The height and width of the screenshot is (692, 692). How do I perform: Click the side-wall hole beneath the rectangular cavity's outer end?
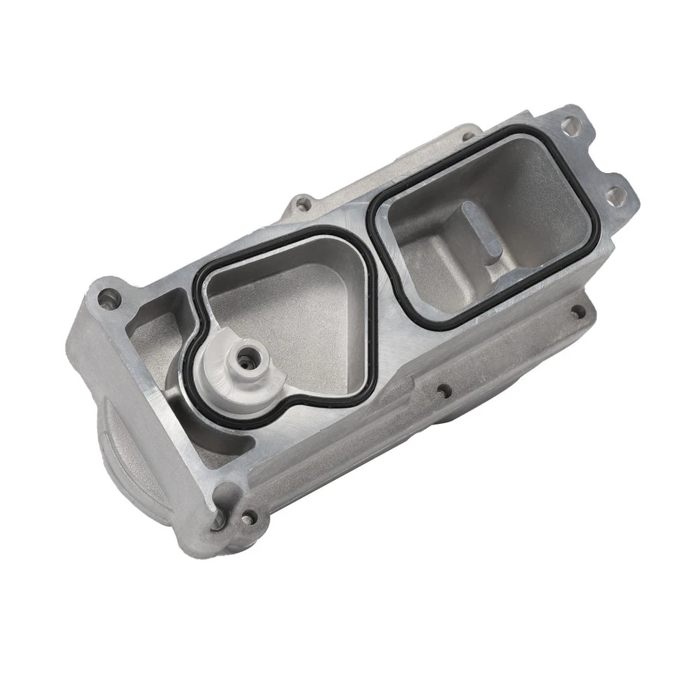[x=577, y=311]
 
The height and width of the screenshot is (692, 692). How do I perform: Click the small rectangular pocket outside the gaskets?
[x=155, y=324]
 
